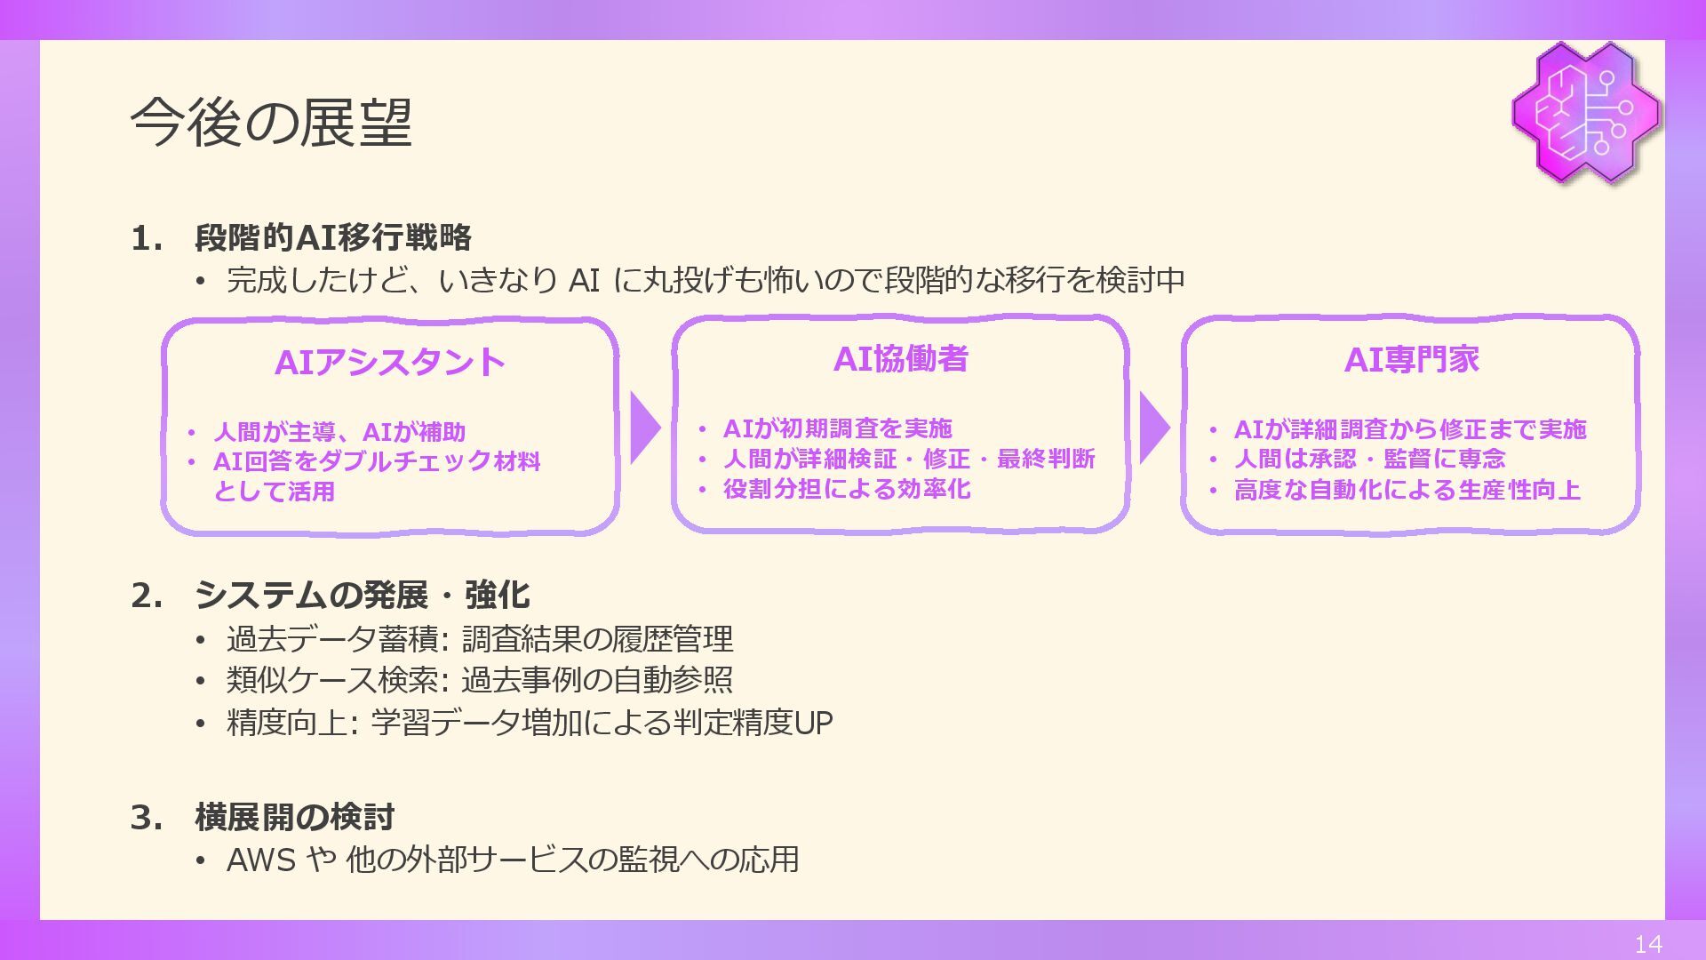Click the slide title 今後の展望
coord(271,123)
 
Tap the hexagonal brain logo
coord(1586,112)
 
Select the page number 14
coord(1648,944)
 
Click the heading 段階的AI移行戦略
coord(333,237)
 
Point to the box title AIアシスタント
coord(390,363)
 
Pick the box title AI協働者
coord(900,359)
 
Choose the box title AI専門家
coord(1411,360)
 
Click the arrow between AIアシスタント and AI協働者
coord(644,428)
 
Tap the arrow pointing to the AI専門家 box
coord(1153,428)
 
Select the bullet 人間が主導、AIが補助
coord(339,432)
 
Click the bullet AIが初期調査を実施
coord(837,429)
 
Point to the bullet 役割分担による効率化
coord(846,489)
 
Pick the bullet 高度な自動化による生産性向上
coord(1407,490)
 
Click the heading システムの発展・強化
coord(363,595)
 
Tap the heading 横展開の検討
coord(295,817)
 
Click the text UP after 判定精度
coord(812,723)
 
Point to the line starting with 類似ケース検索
coord(479,680)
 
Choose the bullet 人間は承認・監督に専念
coord(1369,459)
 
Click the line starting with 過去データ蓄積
coord(479,639)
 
